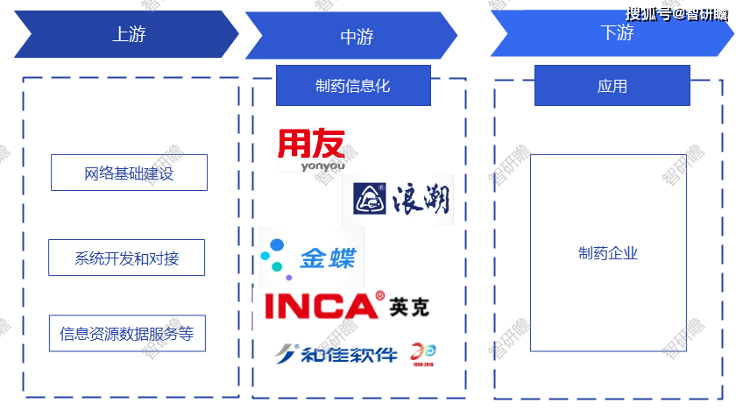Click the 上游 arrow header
pos(128,35)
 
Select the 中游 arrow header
pos(356,37)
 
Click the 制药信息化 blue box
pos(353,86)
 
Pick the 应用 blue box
pos(612,86)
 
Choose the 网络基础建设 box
pos(129,173)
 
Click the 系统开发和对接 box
pos(127,258)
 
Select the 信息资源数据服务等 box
pos(127,333)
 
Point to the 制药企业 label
pos(608,253)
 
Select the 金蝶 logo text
pos(328,258)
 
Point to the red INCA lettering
pos(320,305)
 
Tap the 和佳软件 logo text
pos(349,354)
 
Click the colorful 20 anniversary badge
pos(424,353)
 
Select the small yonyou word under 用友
pos(311,166)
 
